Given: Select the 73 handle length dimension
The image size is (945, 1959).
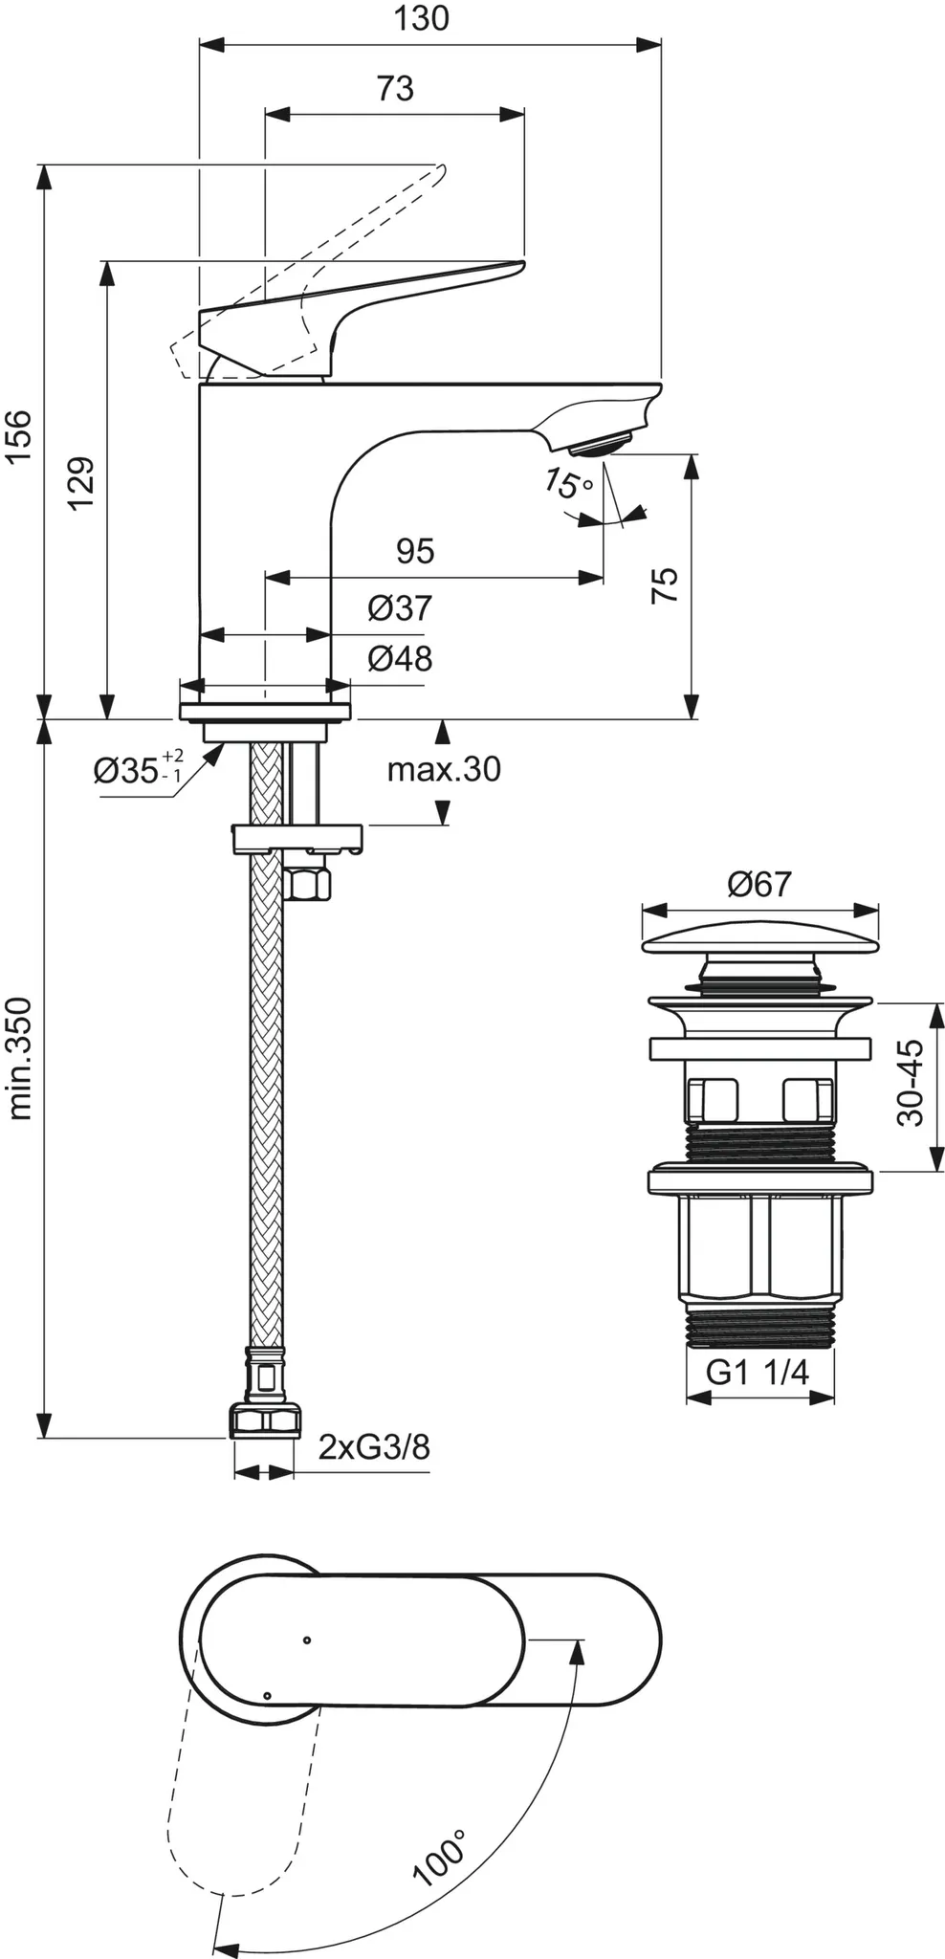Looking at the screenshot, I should point(394,89).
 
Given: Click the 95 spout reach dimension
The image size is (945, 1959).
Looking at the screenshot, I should point(415,551).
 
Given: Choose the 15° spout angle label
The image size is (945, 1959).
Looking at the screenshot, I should point(568,484).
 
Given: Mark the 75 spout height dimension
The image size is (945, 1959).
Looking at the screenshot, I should point(664,584).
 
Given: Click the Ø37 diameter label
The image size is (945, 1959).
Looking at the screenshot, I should point(400,607).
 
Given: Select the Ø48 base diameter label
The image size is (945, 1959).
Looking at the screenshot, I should point(400,658).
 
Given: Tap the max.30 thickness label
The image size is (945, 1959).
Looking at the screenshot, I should point(444,769).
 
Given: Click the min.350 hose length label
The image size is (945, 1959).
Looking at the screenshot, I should point(20,1058).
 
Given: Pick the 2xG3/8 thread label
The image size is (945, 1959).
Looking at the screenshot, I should point(374,1447).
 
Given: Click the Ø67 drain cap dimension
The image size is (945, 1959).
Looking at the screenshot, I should point(758,884).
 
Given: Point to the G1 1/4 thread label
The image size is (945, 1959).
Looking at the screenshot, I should point(758,1374).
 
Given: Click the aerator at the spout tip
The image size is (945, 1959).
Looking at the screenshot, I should point(601,446).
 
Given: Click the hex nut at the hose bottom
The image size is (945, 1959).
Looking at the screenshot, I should point(264,1421).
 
